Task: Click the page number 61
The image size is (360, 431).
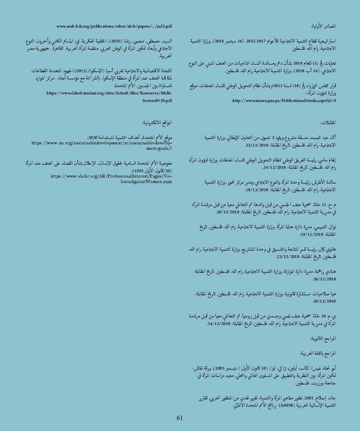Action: (x=180, y=417)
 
